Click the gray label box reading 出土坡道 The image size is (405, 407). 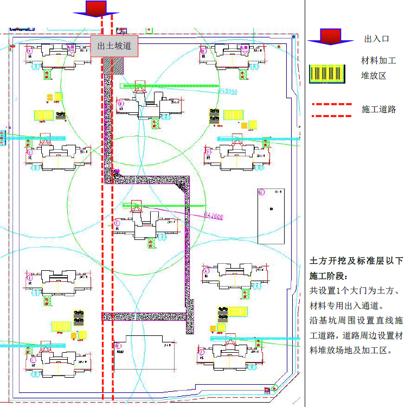(114, 46)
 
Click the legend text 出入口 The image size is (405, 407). (377, 39)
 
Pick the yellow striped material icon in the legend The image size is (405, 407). (327, 74)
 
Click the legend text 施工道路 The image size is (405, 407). (379, 110)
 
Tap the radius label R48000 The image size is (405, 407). (228, 91)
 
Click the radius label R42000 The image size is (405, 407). (214, 216)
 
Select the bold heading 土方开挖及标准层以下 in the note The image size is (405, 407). (356, 261)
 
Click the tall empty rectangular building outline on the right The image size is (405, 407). (271, 216)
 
